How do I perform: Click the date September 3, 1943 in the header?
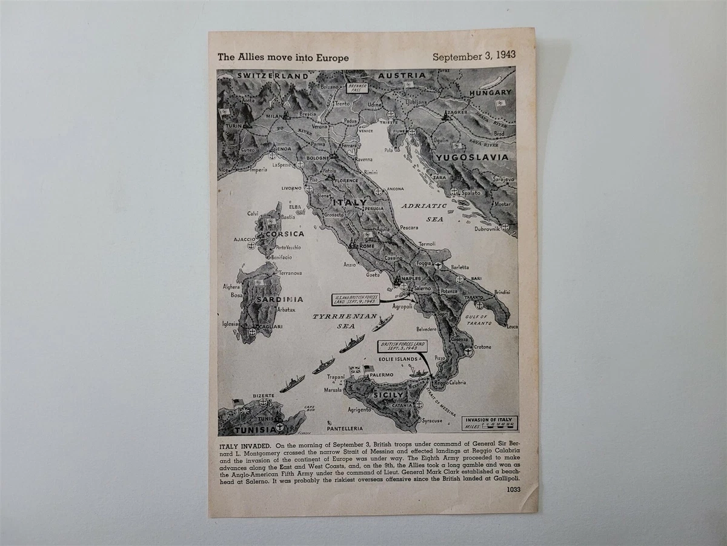coord(474,55)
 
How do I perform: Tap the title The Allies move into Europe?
coord(283,58)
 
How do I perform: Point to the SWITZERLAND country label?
coord(264,75)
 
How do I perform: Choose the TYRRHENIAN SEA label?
coord(336,321)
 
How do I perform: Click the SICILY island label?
coord(388,395)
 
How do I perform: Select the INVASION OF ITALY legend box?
coord(490,422)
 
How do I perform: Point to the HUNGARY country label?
coord(491,92)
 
